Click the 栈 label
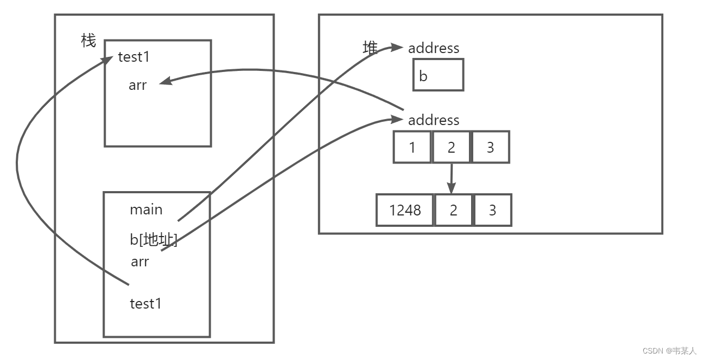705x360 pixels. click(x=88, y=40)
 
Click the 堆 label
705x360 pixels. click(x=370, y=48)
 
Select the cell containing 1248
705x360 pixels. click(x=405, y=210)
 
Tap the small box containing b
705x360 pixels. click(x=438, y=75)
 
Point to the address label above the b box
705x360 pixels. click(x=433, y=48)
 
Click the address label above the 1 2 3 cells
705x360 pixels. click(x=433, y=120)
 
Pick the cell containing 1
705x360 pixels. click(x=412, y=147)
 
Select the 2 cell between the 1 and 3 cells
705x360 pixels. click(x=452, y=147)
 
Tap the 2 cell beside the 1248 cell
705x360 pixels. click(x=454, y=210)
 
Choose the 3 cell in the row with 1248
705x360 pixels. click(x=493, y=210)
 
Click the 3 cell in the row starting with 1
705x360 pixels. click(x=491, y=147)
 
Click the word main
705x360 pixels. click(x=146, y=210)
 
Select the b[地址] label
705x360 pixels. click(x=154, y=240)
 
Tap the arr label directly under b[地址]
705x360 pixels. click(x=140, y=261)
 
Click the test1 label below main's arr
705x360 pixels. click(x=146, y=304)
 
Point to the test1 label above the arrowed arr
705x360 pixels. click(x=134, y=57)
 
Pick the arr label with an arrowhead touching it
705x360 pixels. click(x=138, y=85)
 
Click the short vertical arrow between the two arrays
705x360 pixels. click(x=452, y=179)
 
